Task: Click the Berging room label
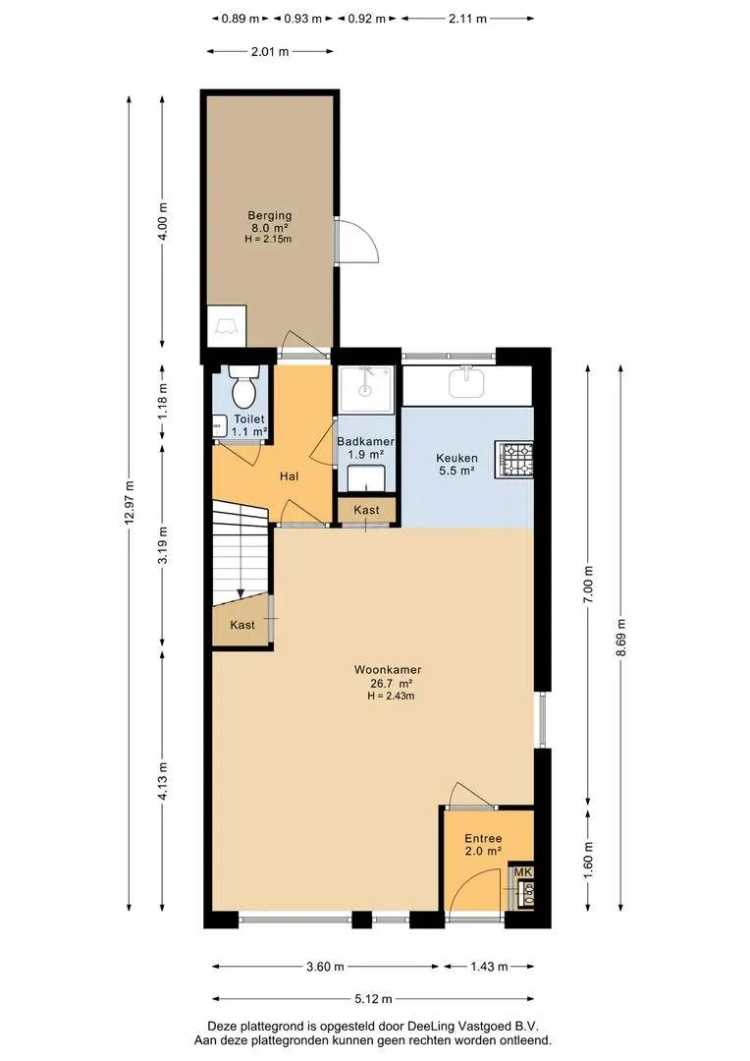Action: click(270, 216)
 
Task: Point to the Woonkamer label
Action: click(388, 670)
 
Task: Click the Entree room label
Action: click(483, 838)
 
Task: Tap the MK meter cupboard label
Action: click(523, 872)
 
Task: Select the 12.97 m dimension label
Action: click(130, 501)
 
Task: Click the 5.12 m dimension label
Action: click(373, 999)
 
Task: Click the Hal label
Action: click(289, 476)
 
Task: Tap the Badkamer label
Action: click(365, 442)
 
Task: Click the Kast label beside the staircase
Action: click(242, 625)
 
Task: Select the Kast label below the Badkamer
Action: click(366, 510)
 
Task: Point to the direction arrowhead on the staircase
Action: click(241, 594)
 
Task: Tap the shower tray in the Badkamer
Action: click(365, 388)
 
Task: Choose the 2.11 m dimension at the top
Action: click(467, 19)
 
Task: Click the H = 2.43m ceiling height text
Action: click(391, 696)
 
